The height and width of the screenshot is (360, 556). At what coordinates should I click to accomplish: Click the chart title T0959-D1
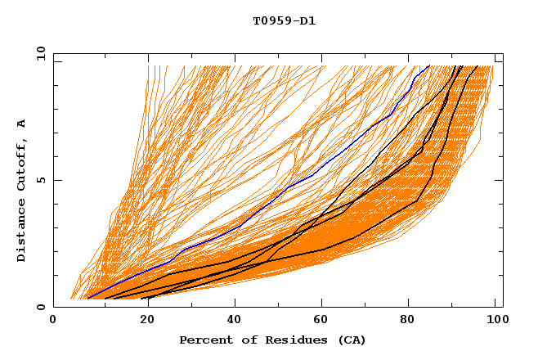284,21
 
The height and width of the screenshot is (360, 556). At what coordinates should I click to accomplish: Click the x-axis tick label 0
53,322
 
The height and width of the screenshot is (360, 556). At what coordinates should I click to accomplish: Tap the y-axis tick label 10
40,53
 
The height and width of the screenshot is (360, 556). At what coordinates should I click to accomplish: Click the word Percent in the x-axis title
204,340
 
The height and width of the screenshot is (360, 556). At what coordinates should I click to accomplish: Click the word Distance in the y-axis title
22,230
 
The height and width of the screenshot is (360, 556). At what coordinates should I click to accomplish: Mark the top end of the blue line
428,65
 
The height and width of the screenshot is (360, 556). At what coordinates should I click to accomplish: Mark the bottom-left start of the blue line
87,298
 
